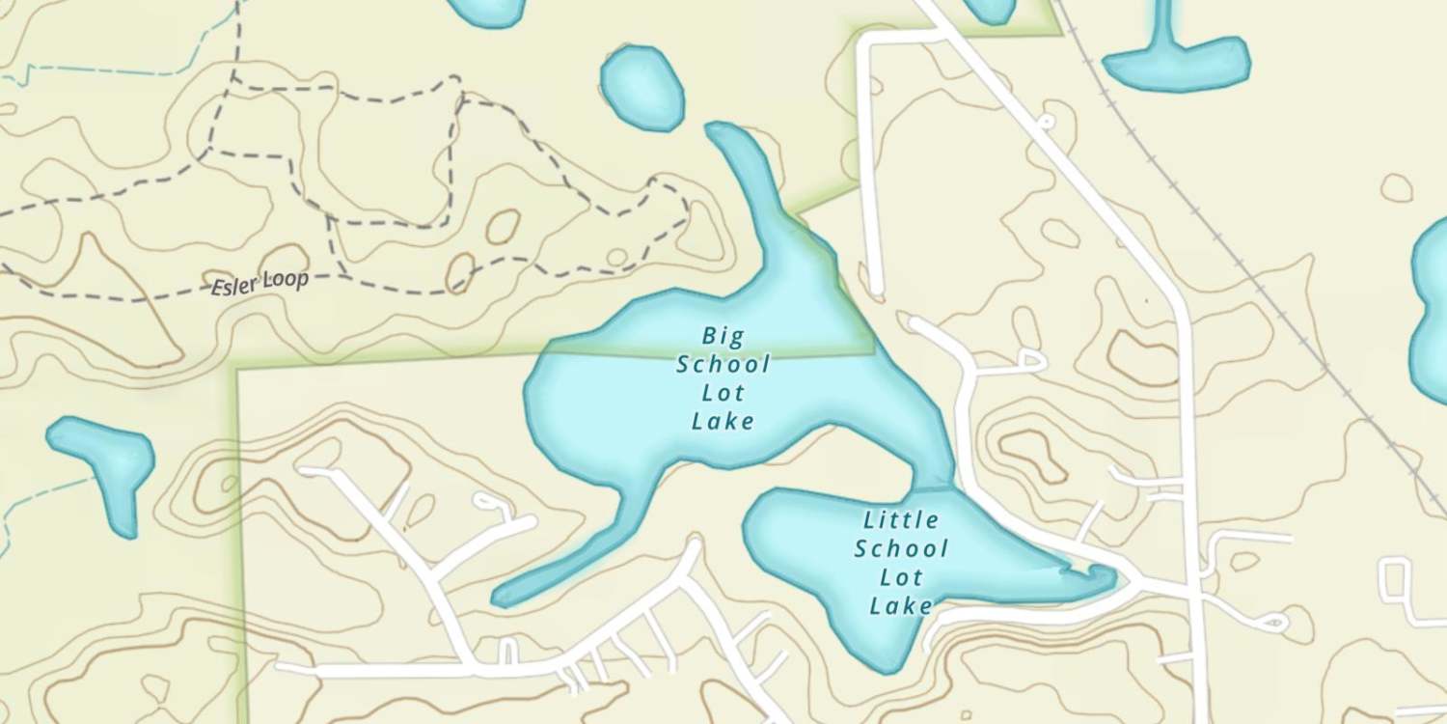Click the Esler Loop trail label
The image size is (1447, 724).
click(261, 283)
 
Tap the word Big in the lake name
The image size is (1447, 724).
click(723, 336)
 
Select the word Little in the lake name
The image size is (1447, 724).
click(901, 520)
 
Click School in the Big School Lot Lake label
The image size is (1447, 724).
click(723, 365)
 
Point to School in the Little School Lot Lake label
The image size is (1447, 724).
click(901, 549)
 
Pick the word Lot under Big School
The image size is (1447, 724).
click(723, 393)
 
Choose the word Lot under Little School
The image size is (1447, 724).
click(901, 577)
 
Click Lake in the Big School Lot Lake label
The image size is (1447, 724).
click(723, 421)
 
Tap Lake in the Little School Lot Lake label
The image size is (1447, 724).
click(901, 606)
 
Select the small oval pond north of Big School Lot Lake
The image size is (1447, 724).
click(642, 88)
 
